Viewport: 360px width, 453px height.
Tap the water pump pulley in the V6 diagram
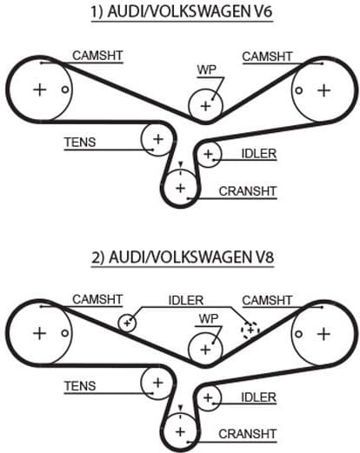[205, 106]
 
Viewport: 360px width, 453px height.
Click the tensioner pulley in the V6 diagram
[157, 137]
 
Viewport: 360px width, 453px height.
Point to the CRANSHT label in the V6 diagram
[247, 190]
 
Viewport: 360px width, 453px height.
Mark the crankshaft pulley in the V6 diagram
[180, 186]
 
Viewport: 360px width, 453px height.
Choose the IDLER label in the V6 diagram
[259, 154]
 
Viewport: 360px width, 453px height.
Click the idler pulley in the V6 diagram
[208, 155]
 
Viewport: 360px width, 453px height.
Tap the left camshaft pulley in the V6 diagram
[39, 90]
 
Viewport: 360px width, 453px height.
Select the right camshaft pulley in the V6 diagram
[323, 90]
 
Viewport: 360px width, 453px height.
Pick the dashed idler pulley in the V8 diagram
[250, 330]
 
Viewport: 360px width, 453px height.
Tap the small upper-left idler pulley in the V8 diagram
[128, 323]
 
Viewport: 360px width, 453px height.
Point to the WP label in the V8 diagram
[207, 317]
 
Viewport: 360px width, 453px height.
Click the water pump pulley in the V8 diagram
[205, 349]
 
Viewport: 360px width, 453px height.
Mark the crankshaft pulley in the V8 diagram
[180, 430]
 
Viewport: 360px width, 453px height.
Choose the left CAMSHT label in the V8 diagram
[97, 298]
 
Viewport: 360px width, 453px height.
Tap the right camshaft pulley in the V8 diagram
[323, 333]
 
